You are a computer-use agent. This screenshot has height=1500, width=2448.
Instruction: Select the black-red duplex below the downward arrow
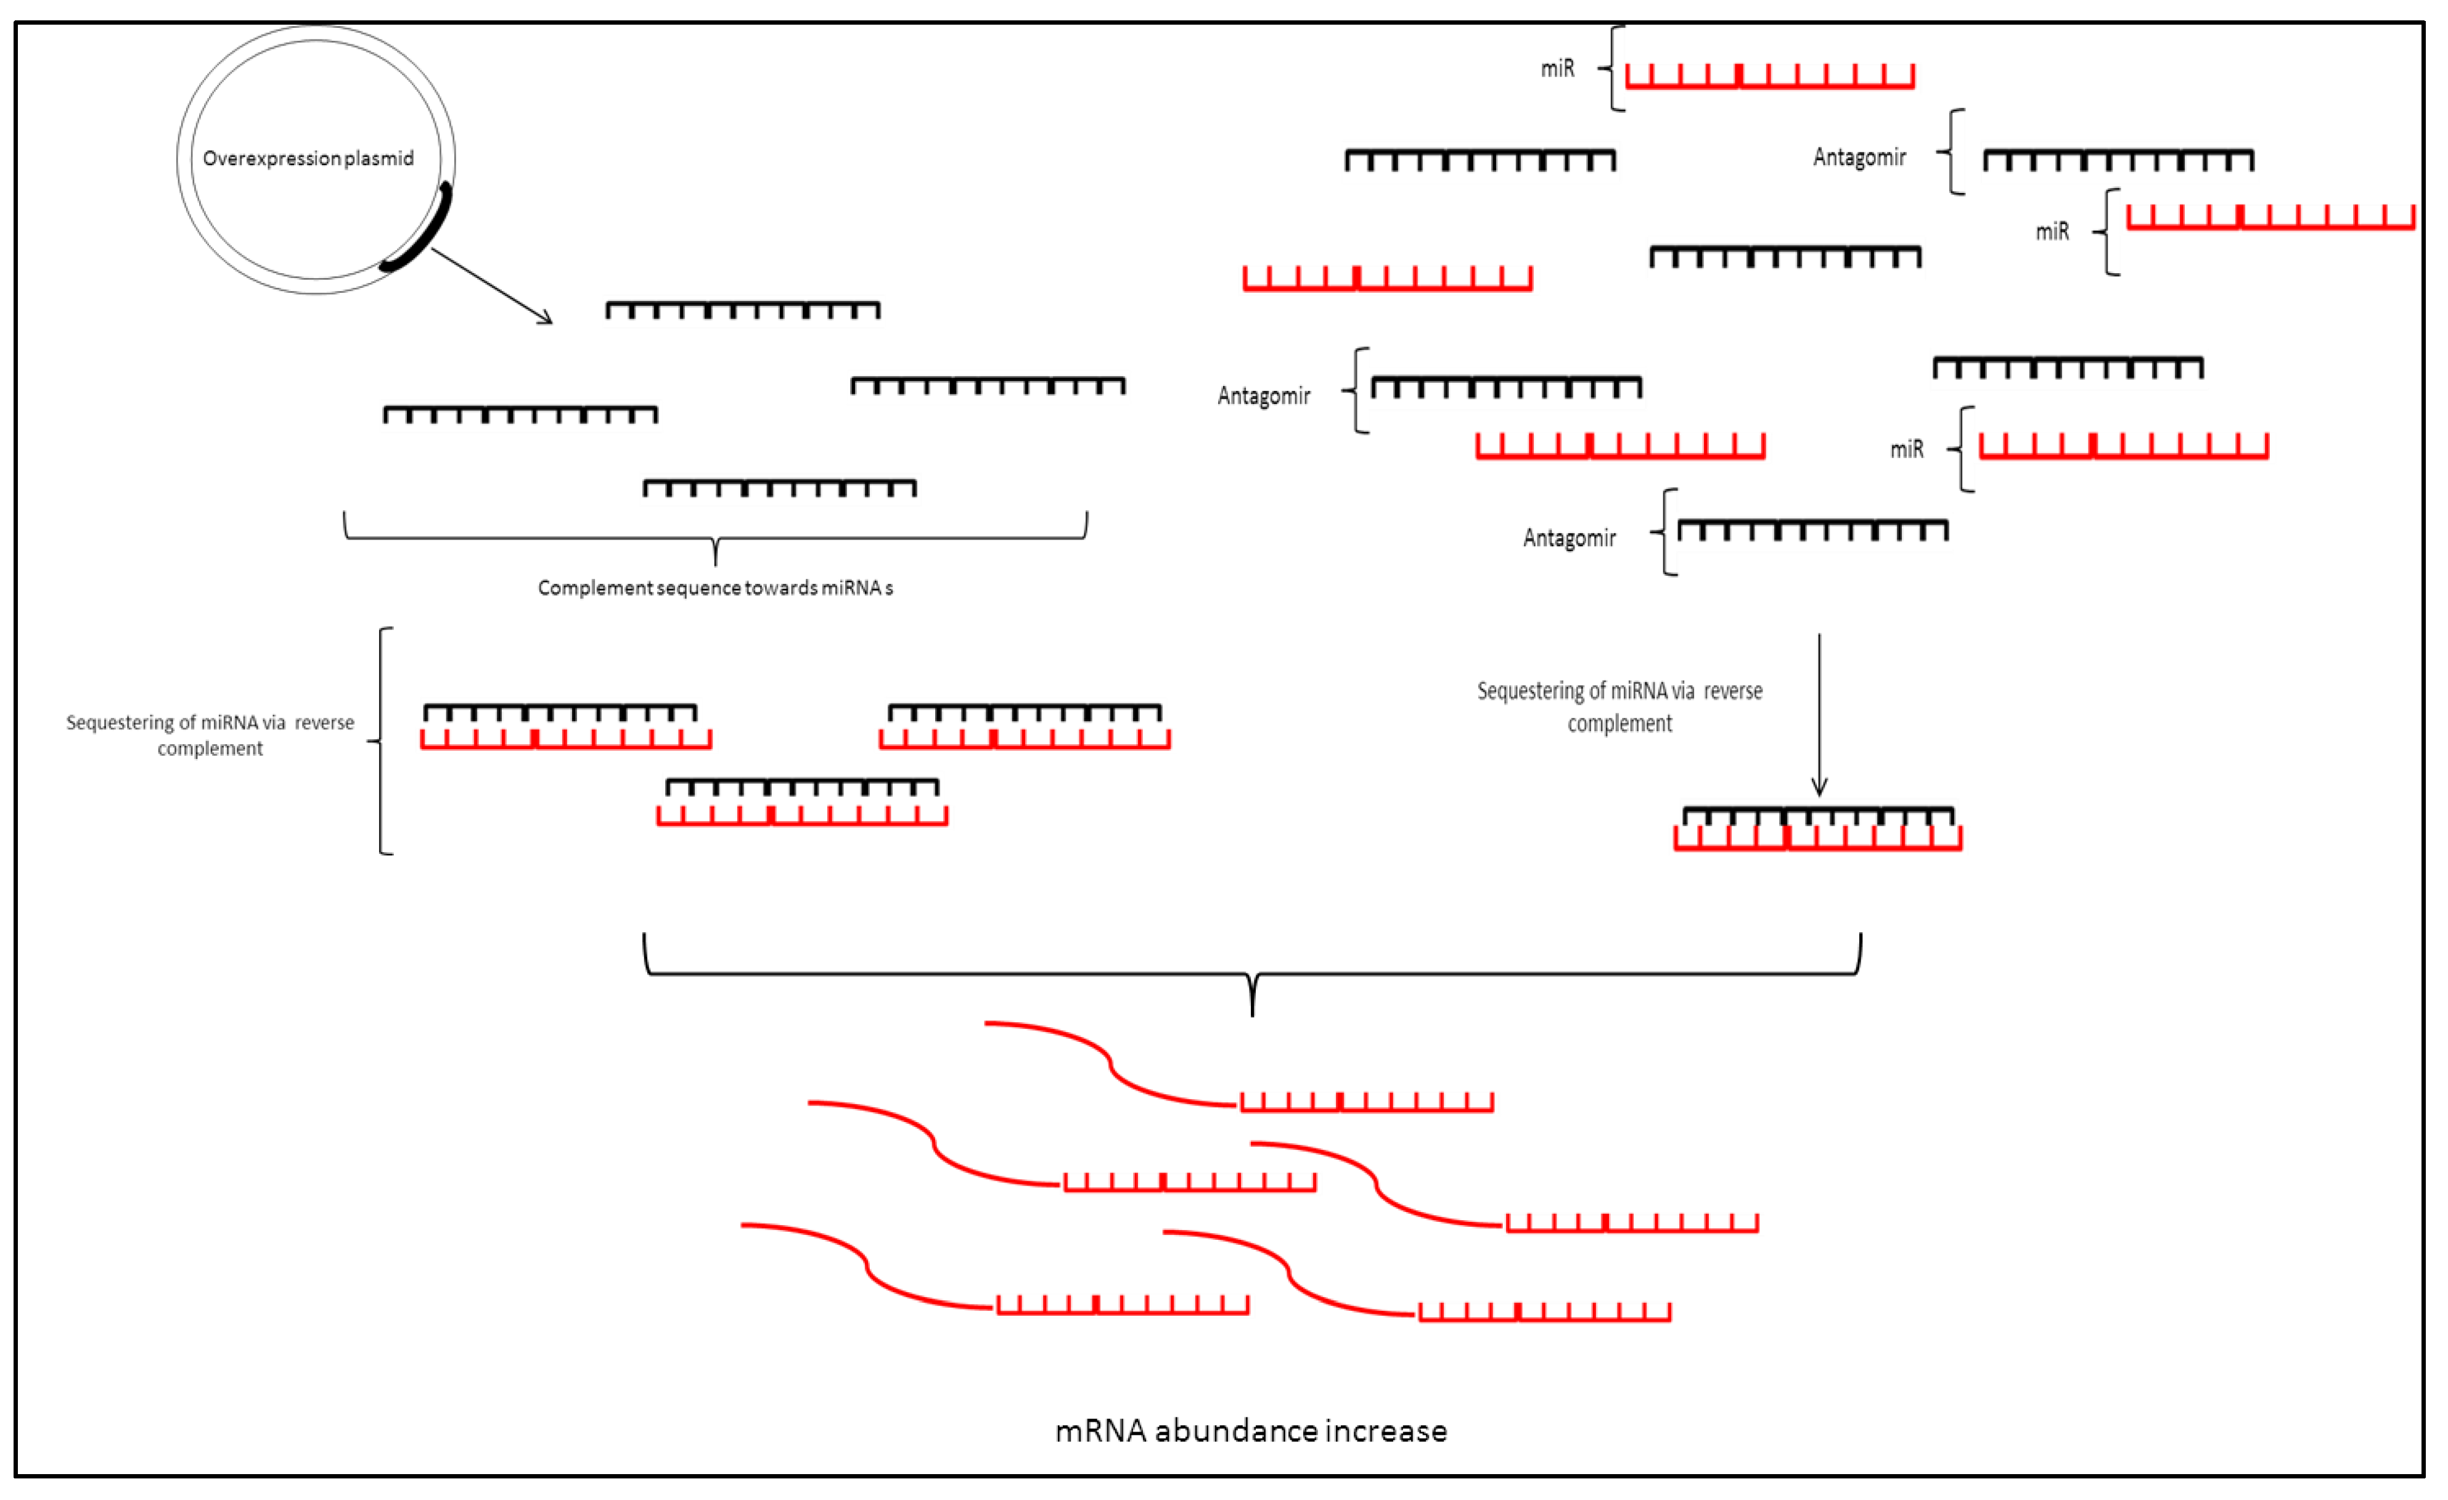tap(1818, 829)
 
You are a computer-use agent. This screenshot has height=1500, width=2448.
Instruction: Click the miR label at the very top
tap(1557, 68)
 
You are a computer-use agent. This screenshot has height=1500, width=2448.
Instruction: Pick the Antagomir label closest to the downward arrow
tap(1569, 538)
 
